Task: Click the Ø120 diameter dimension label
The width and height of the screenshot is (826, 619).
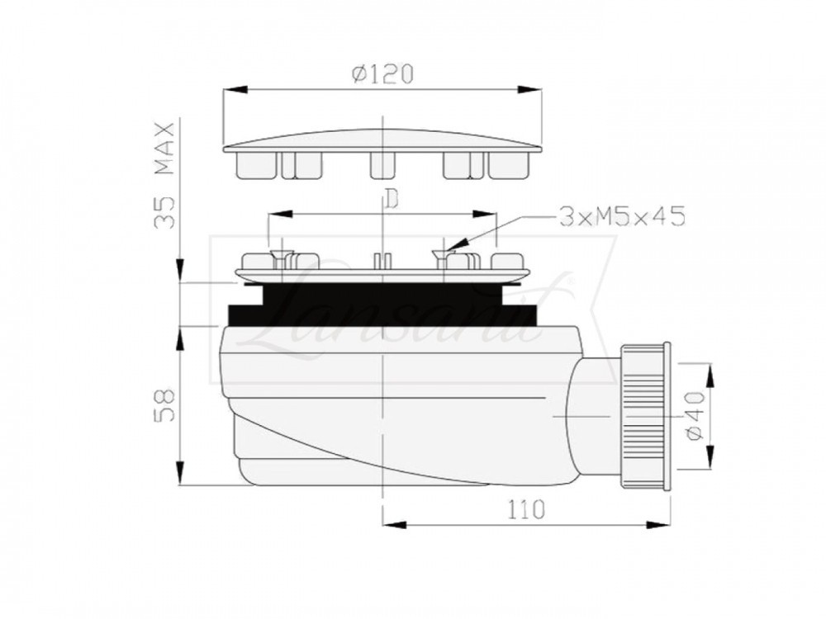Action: pos(382,73)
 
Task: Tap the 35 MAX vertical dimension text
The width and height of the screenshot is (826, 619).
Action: pos(164,175)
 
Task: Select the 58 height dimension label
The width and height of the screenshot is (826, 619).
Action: pos(165,405)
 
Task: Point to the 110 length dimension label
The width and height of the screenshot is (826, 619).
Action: pos(526,509)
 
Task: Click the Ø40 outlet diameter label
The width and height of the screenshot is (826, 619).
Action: pos(695,416)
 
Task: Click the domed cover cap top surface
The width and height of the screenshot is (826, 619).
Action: pos(382,139)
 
